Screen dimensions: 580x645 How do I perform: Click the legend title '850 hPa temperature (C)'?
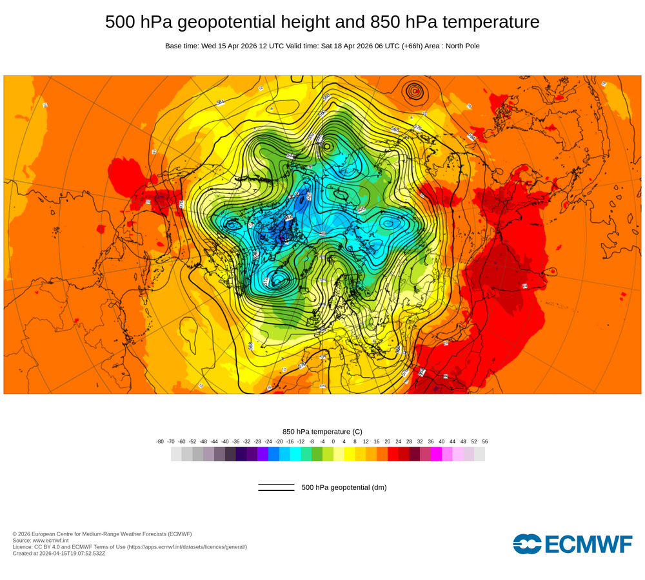322,431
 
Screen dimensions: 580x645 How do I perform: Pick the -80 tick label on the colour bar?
160,441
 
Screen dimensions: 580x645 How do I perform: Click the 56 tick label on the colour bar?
485,441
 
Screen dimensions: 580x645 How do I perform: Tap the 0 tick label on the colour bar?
333,441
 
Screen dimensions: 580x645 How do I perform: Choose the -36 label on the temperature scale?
235,441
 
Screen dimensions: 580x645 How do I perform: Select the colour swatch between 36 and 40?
436,454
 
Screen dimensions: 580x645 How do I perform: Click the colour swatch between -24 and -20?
273,454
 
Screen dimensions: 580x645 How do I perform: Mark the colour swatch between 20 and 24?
393,454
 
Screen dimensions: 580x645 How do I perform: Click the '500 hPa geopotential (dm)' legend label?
344,487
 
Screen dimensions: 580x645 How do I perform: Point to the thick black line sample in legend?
276,490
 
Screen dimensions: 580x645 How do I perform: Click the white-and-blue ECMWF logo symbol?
527,544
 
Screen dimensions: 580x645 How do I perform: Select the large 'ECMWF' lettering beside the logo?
588,545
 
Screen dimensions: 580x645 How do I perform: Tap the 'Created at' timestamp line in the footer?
59,553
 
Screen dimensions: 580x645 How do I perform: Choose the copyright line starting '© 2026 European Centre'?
102,534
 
